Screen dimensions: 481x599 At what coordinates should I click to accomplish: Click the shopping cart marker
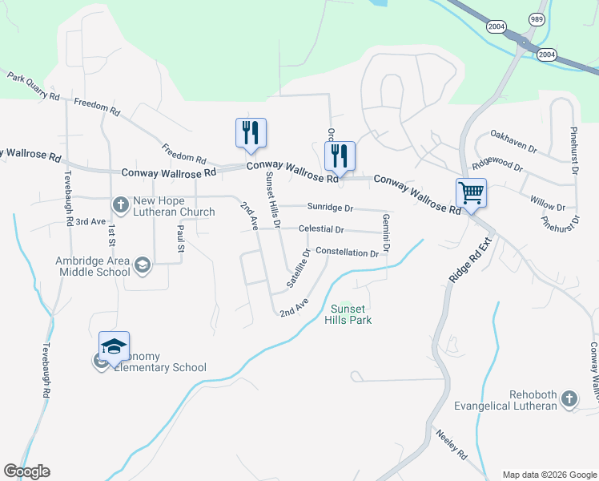[471, 193]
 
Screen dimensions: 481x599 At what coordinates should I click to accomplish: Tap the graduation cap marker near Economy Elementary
[114, 347]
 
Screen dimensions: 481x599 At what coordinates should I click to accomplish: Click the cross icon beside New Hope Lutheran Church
[120, 204]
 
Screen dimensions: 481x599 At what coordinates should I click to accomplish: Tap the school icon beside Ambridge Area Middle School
[143, 265]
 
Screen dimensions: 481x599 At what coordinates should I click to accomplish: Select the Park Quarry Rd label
[34, 87]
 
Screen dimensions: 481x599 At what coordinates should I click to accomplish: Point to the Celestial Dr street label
[320, 229]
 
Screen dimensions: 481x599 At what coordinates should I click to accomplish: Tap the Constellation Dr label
[347, 253]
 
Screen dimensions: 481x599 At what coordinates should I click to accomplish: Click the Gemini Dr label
[386, 234]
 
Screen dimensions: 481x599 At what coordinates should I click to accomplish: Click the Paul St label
[181, 240]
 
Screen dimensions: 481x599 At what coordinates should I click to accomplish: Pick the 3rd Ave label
[90, 221]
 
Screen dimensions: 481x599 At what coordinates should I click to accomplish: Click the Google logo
[26, 471]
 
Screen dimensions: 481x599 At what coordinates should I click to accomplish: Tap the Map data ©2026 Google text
[549, 475]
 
